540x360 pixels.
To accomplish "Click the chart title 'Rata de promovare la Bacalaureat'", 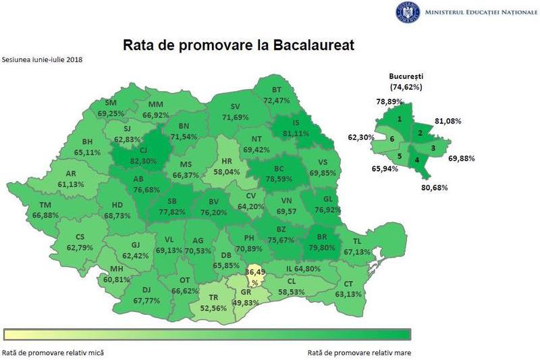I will point(238,45).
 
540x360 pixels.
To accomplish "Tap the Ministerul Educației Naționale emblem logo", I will point(408,11).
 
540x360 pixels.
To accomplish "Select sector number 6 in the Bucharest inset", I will point(391,138).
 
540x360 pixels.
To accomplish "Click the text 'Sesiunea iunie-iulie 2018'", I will point(42,59).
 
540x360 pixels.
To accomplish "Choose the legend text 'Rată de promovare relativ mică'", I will point(53,352).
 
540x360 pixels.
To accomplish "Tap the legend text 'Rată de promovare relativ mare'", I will point(359,352).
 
